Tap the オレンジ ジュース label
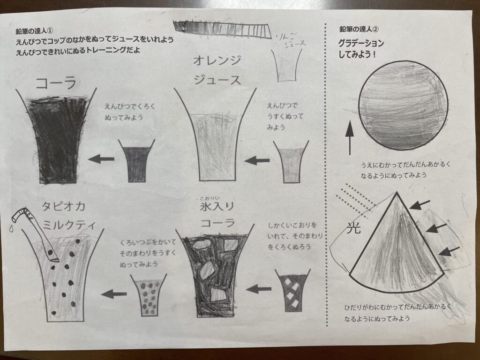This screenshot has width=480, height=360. point(217,70)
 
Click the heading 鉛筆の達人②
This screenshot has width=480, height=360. point(359,29)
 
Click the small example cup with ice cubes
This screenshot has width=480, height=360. point(292,291)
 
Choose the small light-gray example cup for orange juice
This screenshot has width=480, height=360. point(291,162)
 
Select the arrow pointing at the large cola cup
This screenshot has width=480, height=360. point(101,159)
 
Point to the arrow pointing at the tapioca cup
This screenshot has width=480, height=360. point(114,294)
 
